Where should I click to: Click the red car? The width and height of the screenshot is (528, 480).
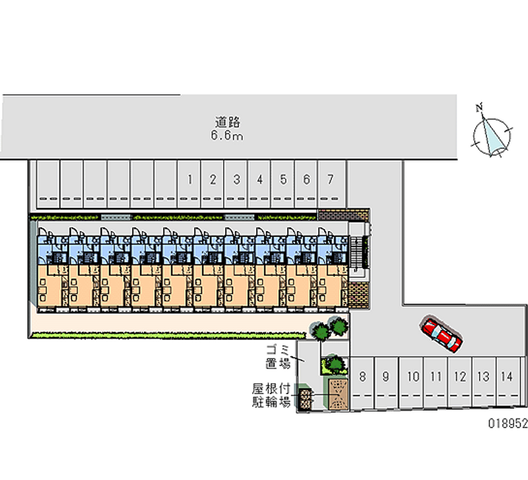click(x=441, y=333)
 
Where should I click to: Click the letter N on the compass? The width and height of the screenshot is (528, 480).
click(x=481, y=107)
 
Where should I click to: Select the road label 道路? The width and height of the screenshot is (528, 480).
click(x=227, y=122)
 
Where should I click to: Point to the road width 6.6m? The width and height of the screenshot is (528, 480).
click(x=227, y=136)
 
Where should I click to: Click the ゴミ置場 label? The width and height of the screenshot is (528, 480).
click(x=279, y=357)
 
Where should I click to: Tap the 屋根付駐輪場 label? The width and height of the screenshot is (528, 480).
click(x=271, y=395)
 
